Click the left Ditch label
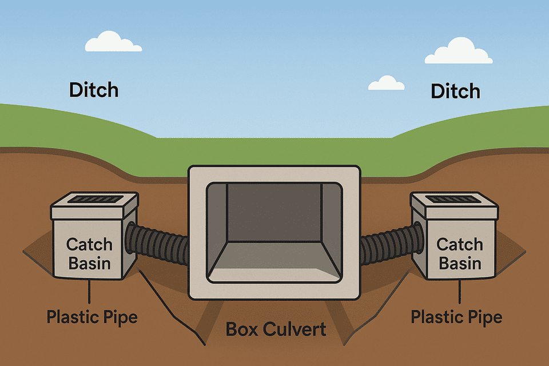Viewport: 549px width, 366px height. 94,90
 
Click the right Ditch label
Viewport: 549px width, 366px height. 455,90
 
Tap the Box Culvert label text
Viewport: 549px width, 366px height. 276,329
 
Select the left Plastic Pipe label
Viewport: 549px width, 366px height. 92,316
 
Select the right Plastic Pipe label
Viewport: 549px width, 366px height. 456,316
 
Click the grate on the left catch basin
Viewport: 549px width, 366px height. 94,200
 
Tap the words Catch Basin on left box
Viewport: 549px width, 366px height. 89,254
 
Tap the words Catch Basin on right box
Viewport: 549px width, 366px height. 459,254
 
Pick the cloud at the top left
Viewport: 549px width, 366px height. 113,43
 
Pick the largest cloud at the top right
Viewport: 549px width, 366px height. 459,51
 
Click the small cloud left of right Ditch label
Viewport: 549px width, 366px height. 386,83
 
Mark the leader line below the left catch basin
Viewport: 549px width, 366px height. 89,291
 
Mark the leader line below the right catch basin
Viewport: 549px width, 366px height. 460,291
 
